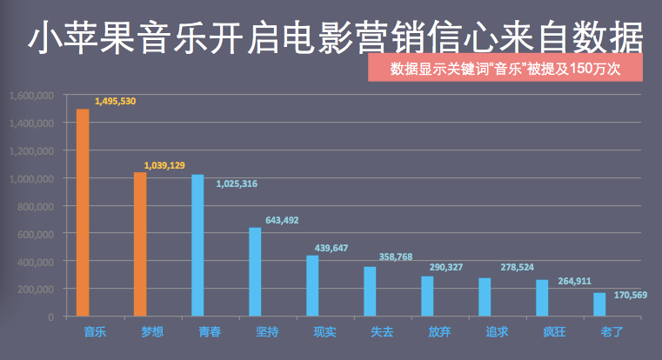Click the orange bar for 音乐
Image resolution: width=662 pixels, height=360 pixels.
tap(83, 212)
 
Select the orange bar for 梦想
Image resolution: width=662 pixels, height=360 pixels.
tap(140, 243)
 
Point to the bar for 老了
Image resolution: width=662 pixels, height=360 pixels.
tap(599, 304)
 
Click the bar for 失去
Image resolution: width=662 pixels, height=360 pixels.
tap(370, 290)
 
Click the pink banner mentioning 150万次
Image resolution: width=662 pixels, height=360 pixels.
tap(505, 69)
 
